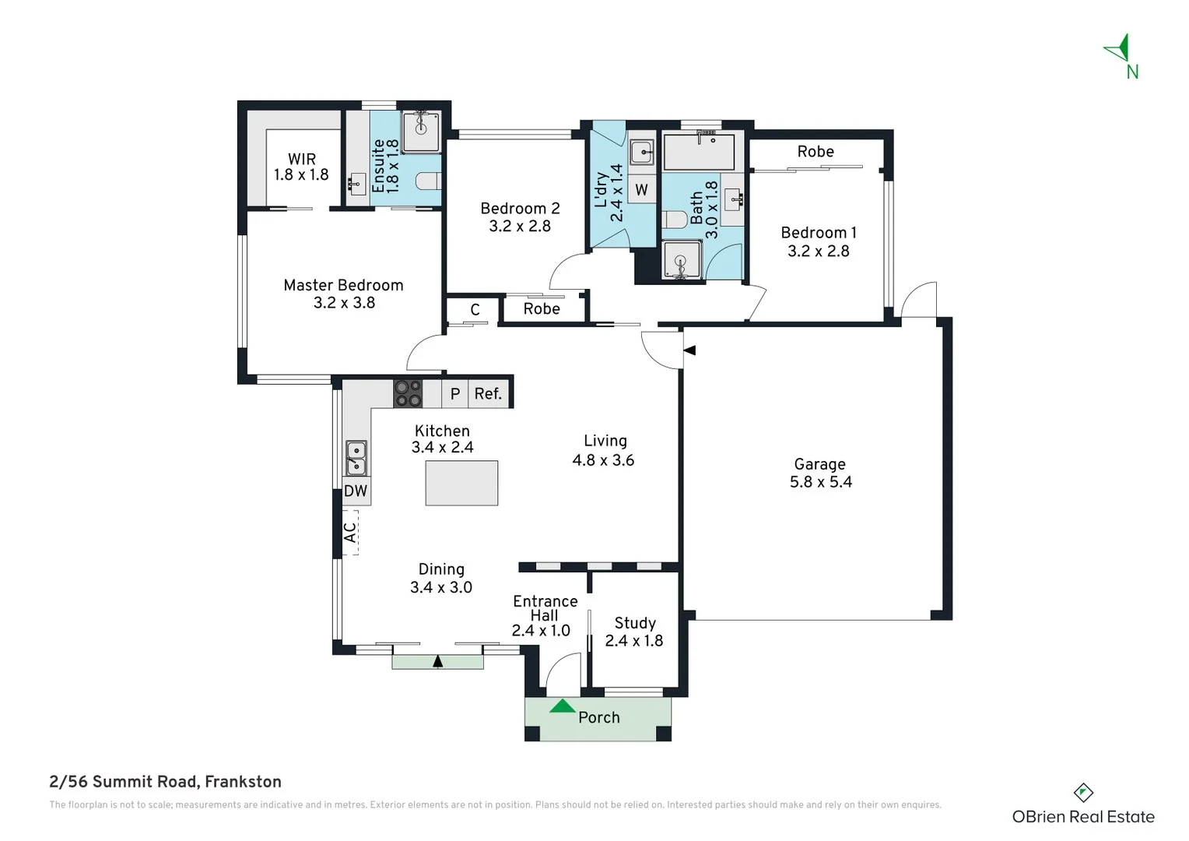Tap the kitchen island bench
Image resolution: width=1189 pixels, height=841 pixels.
click(x=461, y=483)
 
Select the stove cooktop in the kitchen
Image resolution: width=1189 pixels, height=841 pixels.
click(x=407, y=393)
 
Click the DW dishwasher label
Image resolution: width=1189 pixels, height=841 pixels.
click(x=356, y=491)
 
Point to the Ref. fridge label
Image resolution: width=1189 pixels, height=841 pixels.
click(x=488, y=394)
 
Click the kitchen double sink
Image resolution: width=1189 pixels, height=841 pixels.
click(x=356, y=458)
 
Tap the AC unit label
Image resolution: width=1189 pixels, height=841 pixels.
click(x=350, y=533)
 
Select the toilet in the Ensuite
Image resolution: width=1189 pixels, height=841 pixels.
click(x=427, y=181)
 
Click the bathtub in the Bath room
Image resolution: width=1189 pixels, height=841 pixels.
click(x=699, y=152)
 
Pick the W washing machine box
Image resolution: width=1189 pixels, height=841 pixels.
click(x=641, y=189)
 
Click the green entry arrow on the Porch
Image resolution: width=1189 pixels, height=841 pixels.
click(x=562, y=706)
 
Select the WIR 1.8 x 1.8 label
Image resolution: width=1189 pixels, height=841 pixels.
click(x=301, y=167)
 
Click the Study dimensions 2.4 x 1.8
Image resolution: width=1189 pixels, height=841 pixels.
click(x=633, y=641)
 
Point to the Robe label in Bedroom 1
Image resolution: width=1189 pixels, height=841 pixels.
click(x=815, y=152)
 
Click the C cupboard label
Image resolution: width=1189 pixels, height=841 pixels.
click(x=475, y=310)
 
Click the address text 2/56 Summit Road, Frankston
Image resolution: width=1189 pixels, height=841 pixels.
click(x=165, y=782)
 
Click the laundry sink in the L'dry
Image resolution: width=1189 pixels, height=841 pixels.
click(x=641, y=152)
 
